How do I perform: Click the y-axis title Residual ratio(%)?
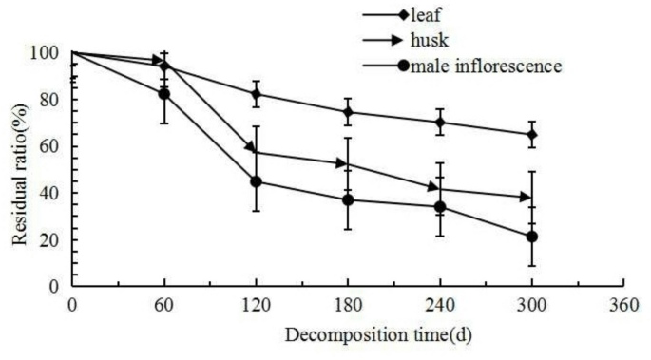pos(20,167)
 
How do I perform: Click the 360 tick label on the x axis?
pos(623,304)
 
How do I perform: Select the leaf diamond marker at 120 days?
pos(256,94)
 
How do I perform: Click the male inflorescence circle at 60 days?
pos(164,94)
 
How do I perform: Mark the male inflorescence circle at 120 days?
pos(256,181)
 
